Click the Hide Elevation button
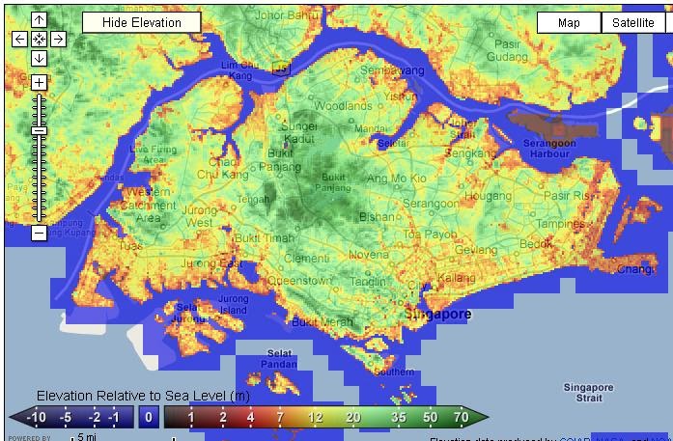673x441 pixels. click(141, 22)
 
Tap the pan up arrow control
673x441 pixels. click(39, 20)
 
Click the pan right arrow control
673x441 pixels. click(58, 39)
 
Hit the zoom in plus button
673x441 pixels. click(39, 83)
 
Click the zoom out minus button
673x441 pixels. click(39, 233)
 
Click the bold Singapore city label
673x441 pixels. click(437, 315)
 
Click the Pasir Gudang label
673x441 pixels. click(505, 50)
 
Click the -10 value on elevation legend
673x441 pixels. click(37, 417)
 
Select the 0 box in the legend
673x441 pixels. click(148, 417)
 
